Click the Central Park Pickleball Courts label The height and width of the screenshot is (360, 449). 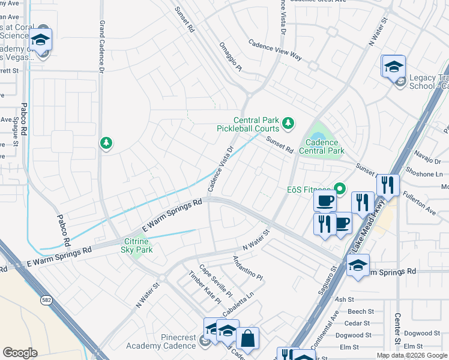point(248,124)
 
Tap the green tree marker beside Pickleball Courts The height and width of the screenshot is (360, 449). point(289,123)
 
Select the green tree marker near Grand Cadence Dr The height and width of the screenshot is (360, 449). point(106,142)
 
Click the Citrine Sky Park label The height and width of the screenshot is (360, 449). point(137,245)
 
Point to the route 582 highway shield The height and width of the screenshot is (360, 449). point(46,299)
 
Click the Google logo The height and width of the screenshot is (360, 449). point(20,352)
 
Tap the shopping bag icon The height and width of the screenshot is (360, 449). point(247,338)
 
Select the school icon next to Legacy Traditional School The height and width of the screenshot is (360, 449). point(393,66)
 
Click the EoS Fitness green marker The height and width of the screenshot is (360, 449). point(340,189)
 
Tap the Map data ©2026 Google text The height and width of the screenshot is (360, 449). point(412,355)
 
